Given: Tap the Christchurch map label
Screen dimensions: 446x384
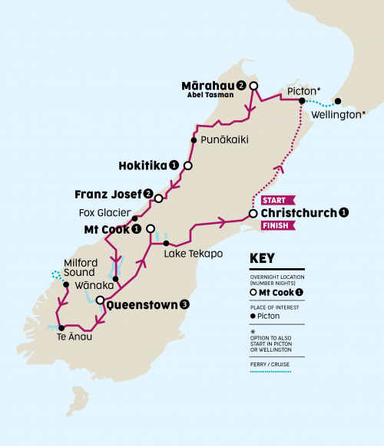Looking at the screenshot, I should pos(298,213).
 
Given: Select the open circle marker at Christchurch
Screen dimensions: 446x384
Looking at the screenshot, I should pos(253,214).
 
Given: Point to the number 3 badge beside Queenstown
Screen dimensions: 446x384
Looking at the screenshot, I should pos(184,304).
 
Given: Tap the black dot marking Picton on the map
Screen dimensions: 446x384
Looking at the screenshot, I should pos(302,100).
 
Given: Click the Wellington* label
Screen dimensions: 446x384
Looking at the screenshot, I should pos(339,116).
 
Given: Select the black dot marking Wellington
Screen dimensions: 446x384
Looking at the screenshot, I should pos(338,100).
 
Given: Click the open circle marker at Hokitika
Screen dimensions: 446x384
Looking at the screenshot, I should pos(187,165).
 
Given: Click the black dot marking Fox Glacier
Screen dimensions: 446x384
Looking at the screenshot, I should pos(135,218).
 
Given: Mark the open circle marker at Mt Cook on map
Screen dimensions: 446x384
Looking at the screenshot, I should pos(151,228).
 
